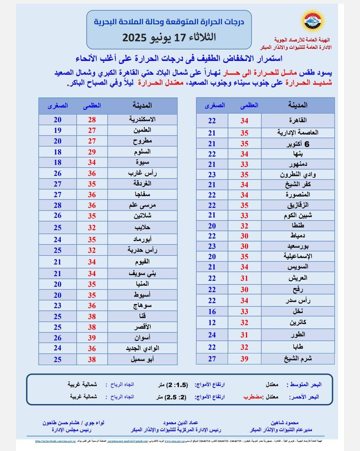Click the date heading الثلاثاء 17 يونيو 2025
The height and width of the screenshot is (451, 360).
(169, 37)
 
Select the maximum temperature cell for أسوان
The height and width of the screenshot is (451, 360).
(92, 338)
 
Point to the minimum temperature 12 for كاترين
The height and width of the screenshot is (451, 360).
(212, 323)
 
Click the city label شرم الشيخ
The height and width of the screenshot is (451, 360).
(298, 358)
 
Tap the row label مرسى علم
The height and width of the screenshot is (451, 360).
(142, 205)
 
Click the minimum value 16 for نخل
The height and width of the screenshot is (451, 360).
(212, 312)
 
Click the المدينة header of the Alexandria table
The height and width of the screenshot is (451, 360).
(142, 106)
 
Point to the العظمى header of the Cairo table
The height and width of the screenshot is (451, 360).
(249, 105)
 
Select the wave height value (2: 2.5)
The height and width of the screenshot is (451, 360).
(176, 397)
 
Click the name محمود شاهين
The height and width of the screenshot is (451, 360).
(285, 423)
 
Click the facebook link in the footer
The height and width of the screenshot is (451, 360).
(55, 441)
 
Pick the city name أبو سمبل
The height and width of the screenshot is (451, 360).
(142, 359)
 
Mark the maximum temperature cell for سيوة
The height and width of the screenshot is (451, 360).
(92, 163)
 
